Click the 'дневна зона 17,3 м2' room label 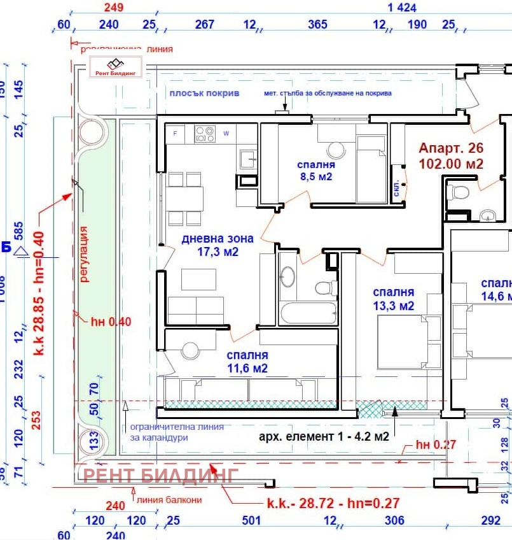coord(218,245)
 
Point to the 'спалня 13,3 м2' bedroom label coord(393,299)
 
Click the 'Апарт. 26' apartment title coord(451,148)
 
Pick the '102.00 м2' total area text coord(451,164)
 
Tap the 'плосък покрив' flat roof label coord(204,93)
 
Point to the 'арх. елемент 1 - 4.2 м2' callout coord(323,437)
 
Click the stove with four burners coord(205,133)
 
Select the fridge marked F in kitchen coord(176,133)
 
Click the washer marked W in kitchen coord(226,133)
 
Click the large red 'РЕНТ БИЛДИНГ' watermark coord(161,474)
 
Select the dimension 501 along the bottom coord(251,521)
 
